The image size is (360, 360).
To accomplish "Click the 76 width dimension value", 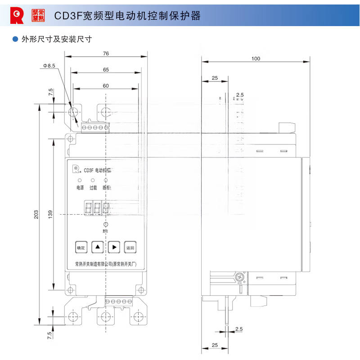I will (x=106, y=54).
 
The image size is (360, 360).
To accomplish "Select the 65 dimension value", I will (x=106, y=70).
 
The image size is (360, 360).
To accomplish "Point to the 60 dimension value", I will (x=106, y=85).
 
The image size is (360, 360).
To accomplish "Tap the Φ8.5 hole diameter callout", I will (x=49, y=66).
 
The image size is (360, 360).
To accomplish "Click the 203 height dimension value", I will (x=36, y=215).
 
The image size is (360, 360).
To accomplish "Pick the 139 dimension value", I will (x=51, y=215).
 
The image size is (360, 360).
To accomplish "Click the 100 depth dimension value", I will (x=256, y=58).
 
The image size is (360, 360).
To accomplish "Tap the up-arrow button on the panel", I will (x=98, y=247).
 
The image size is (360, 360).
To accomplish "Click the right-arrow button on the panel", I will (x=114, y=247).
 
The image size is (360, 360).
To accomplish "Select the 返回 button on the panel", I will (x=130, y=247).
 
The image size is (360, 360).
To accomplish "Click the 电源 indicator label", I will (x=80, y=188).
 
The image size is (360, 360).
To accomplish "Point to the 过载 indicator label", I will (x=93, y=188).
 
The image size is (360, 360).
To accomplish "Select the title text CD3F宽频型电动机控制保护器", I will (x=127, y=16).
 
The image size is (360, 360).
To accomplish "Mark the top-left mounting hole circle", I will (x=72, y=112).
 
